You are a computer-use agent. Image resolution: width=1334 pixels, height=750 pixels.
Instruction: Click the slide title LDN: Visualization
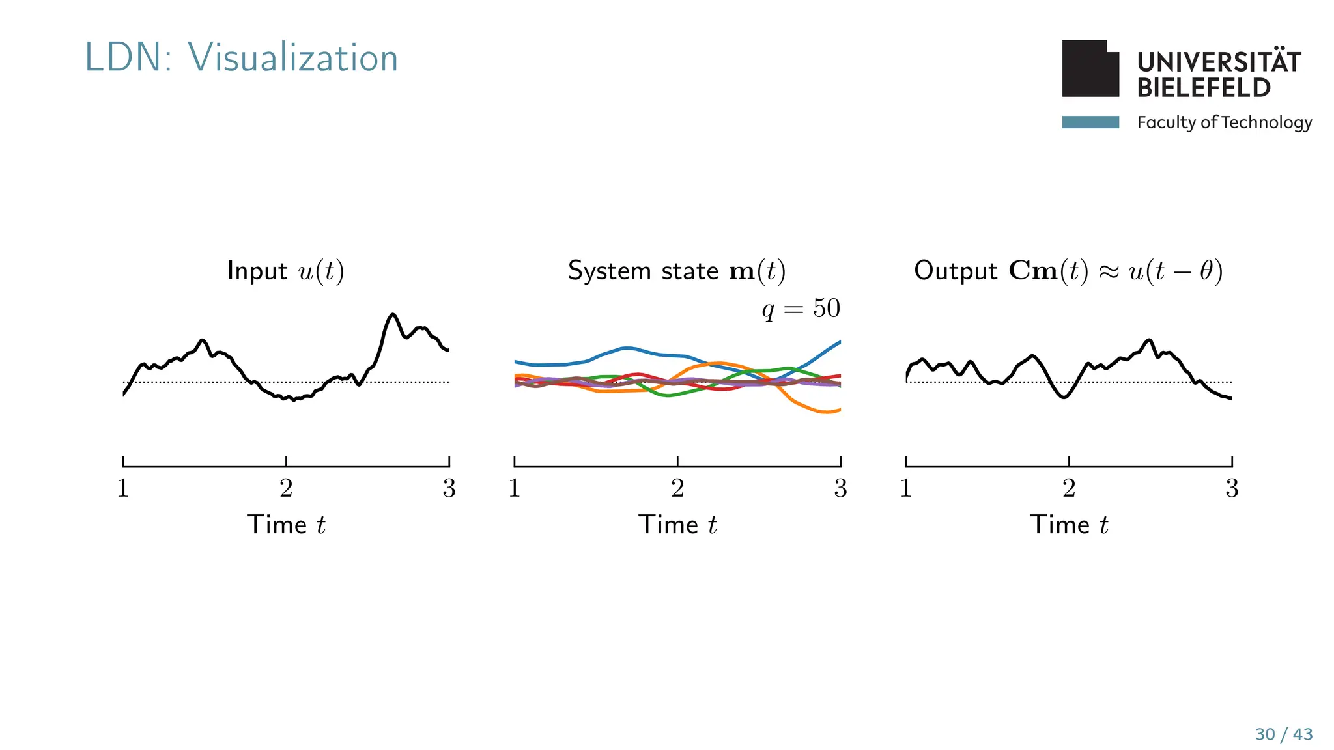tap(241, 57)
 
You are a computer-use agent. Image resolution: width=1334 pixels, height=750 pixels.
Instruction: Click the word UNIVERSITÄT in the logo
tap(1218, 62)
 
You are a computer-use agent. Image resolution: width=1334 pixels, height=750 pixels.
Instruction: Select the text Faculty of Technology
tap(1224, 122)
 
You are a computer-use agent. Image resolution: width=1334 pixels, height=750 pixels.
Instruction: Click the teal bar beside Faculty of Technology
tap(1090, 122)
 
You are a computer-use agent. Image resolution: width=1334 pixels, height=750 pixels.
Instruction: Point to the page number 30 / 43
tap(1283, 734)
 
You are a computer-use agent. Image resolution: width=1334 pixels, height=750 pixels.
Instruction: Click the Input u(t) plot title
tap(285, 271)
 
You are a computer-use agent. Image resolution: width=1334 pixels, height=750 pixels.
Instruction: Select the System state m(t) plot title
tap(677, 271)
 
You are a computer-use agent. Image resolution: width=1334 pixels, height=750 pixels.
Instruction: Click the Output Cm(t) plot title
tap(1068, 271)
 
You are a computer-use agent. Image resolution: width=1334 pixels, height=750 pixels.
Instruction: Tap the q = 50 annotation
tap(801, 308)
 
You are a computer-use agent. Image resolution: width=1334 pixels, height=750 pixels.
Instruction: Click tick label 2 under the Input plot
tap(286, 488)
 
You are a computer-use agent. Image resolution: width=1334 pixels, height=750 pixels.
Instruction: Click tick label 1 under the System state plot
tap(515, 488)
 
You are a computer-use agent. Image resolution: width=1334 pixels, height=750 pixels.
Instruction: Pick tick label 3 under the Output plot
tap(1231, 488)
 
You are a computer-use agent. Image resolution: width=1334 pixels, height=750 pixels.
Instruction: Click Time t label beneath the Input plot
tap(285, 525)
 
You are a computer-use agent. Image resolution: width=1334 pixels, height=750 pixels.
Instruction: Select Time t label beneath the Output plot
tap(1068, 525)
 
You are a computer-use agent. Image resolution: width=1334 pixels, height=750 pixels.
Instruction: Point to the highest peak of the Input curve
tap(393, 315)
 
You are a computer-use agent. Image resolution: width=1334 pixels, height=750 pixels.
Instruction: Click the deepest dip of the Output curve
tap(1064, 396)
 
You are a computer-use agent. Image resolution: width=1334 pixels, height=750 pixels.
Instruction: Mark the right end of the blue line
tap(839, 342)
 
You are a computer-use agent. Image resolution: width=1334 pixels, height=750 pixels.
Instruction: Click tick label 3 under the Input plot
tap(449, 488)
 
